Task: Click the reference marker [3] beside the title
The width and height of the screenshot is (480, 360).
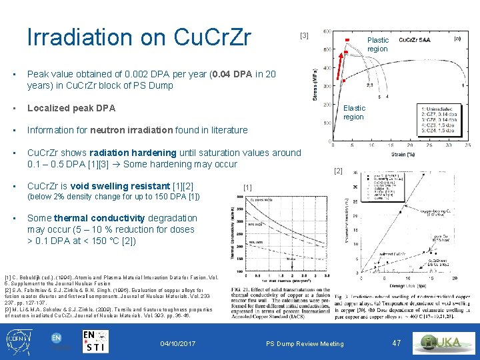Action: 305,35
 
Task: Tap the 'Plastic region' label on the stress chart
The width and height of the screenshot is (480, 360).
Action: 377,45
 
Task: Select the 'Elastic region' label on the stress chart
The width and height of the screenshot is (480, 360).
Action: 354,112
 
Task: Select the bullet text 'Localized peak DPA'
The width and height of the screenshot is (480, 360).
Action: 71,108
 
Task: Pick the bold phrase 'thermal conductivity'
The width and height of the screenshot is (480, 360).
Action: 99,218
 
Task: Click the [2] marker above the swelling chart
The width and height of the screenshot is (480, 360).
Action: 338,171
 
